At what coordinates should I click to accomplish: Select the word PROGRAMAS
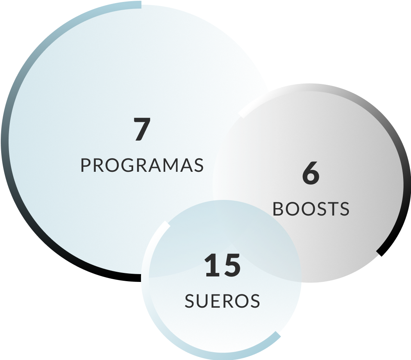pyautogui.click(x=142, y=165)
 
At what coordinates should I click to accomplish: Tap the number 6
pyautogui.click(x=311, y=174)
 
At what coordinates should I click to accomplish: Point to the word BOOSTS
pyautogui.click(x=311, y=209)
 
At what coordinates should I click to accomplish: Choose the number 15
pyautogui.click(x=222, y=265)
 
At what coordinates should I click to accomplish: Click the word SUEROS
pyautogui.click(x=222, y=301)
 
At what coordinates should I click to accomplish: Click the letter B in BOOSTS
pyautogui.click(x=278, y=209)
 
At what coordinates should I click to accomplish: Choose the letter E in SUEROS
pyautogui.click(x=216, y=301)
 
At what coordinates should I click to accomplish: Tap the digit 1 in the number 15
pyautogui.click(x=212, y=265)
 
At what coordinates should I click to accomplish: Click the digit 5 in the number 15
pyautogui.click(x=232, y=265)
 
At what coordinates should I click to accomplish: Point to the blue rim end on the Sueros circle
pyautogui.click(x=277, y=335)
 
